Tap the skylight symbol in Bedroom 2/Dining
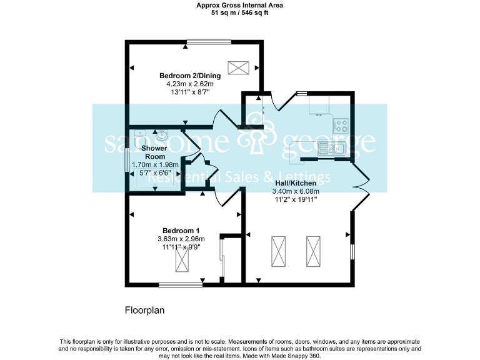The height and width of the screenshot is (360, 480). pos(237,67)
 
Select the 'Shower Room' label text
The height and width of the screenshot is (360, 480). pos(156,152)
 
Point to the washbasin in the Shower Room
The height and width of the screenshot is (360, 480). pos(161,134)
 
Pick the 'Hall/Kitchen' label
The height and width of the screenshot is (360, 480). pos(295,183)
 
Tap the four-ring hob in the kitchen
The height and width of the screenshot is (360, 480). pos(341,125)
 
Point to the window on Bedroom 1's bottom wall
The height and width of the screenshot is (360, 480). pos(180,284)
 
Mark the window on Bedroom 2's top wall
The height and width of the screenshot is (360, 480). pos(209,42)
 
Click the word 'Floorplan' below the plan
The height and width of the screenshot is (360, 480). pos(144,309)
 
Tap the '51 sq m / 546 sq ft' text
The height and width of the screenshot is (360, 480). pos(239,11)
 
